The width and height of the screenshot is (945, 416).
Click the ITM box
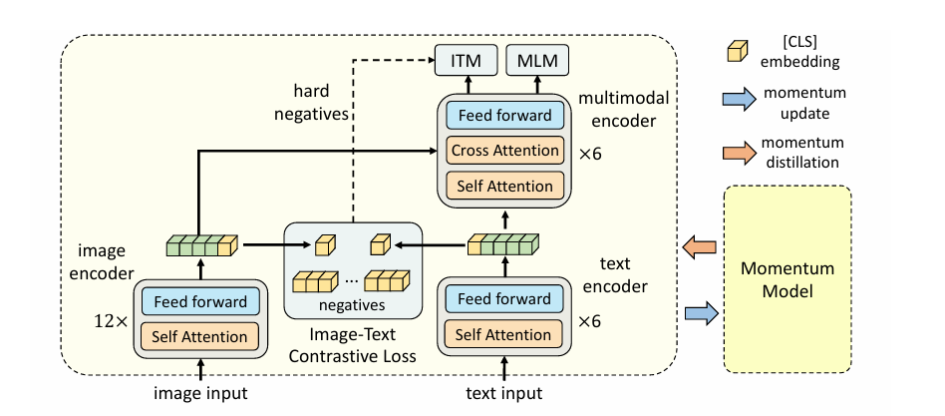click(x=466, y=62)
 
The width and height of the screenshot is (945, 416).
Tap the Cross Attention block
click(x=504, y=151)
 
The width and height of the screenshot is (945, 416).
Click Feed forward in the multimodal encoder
click(x=504, y=116)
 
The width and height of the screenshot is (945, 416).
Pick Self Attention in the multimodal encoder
click(x=504, y=186)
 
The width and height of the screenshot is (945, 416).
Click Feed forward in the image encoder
click(x=200, y=299)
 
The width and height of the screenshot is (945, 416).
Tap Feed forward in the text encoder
click(x=504, y=299)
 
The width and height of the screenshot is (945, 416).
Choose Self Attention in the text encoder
click(x=504, y=334)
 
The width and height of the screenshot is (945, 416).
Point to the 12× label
click(x=111, y=323)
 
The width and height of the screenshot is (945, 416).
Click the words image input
click(x=200, y=394)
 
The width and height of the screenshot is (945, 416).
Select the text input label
click(x=504, y=394)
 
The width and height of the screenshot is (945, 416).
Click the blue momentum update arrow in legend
click(x=739, y=100)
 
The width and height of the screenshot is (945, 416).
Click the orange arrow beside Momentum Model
click(x=702, y=246)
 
